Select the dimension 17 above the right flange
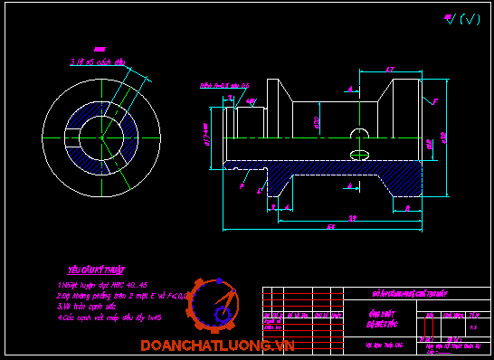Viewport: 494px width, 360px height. coord(389,69)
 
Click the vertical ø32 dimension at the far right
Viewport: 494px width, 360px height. coord(444,137)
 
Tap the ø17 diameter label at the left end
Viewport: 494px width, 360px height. coord(206,134)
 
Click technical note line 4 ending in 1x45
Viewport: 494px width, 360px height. coord(109,317)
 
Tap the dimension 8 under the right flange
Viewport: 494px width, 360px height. coord(408,208)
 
